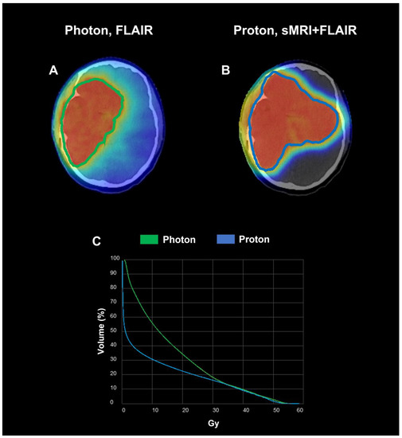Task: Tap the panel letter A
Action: point(54,70)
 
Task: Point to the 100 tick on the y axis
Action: point(114,259)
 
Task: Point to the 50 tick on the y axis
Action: point(115,330)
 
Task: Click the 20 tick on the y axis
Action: point(115,373)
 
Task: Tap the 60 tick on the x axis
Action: point(300,409)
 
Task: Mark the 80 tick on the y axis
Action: point(115,287)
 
